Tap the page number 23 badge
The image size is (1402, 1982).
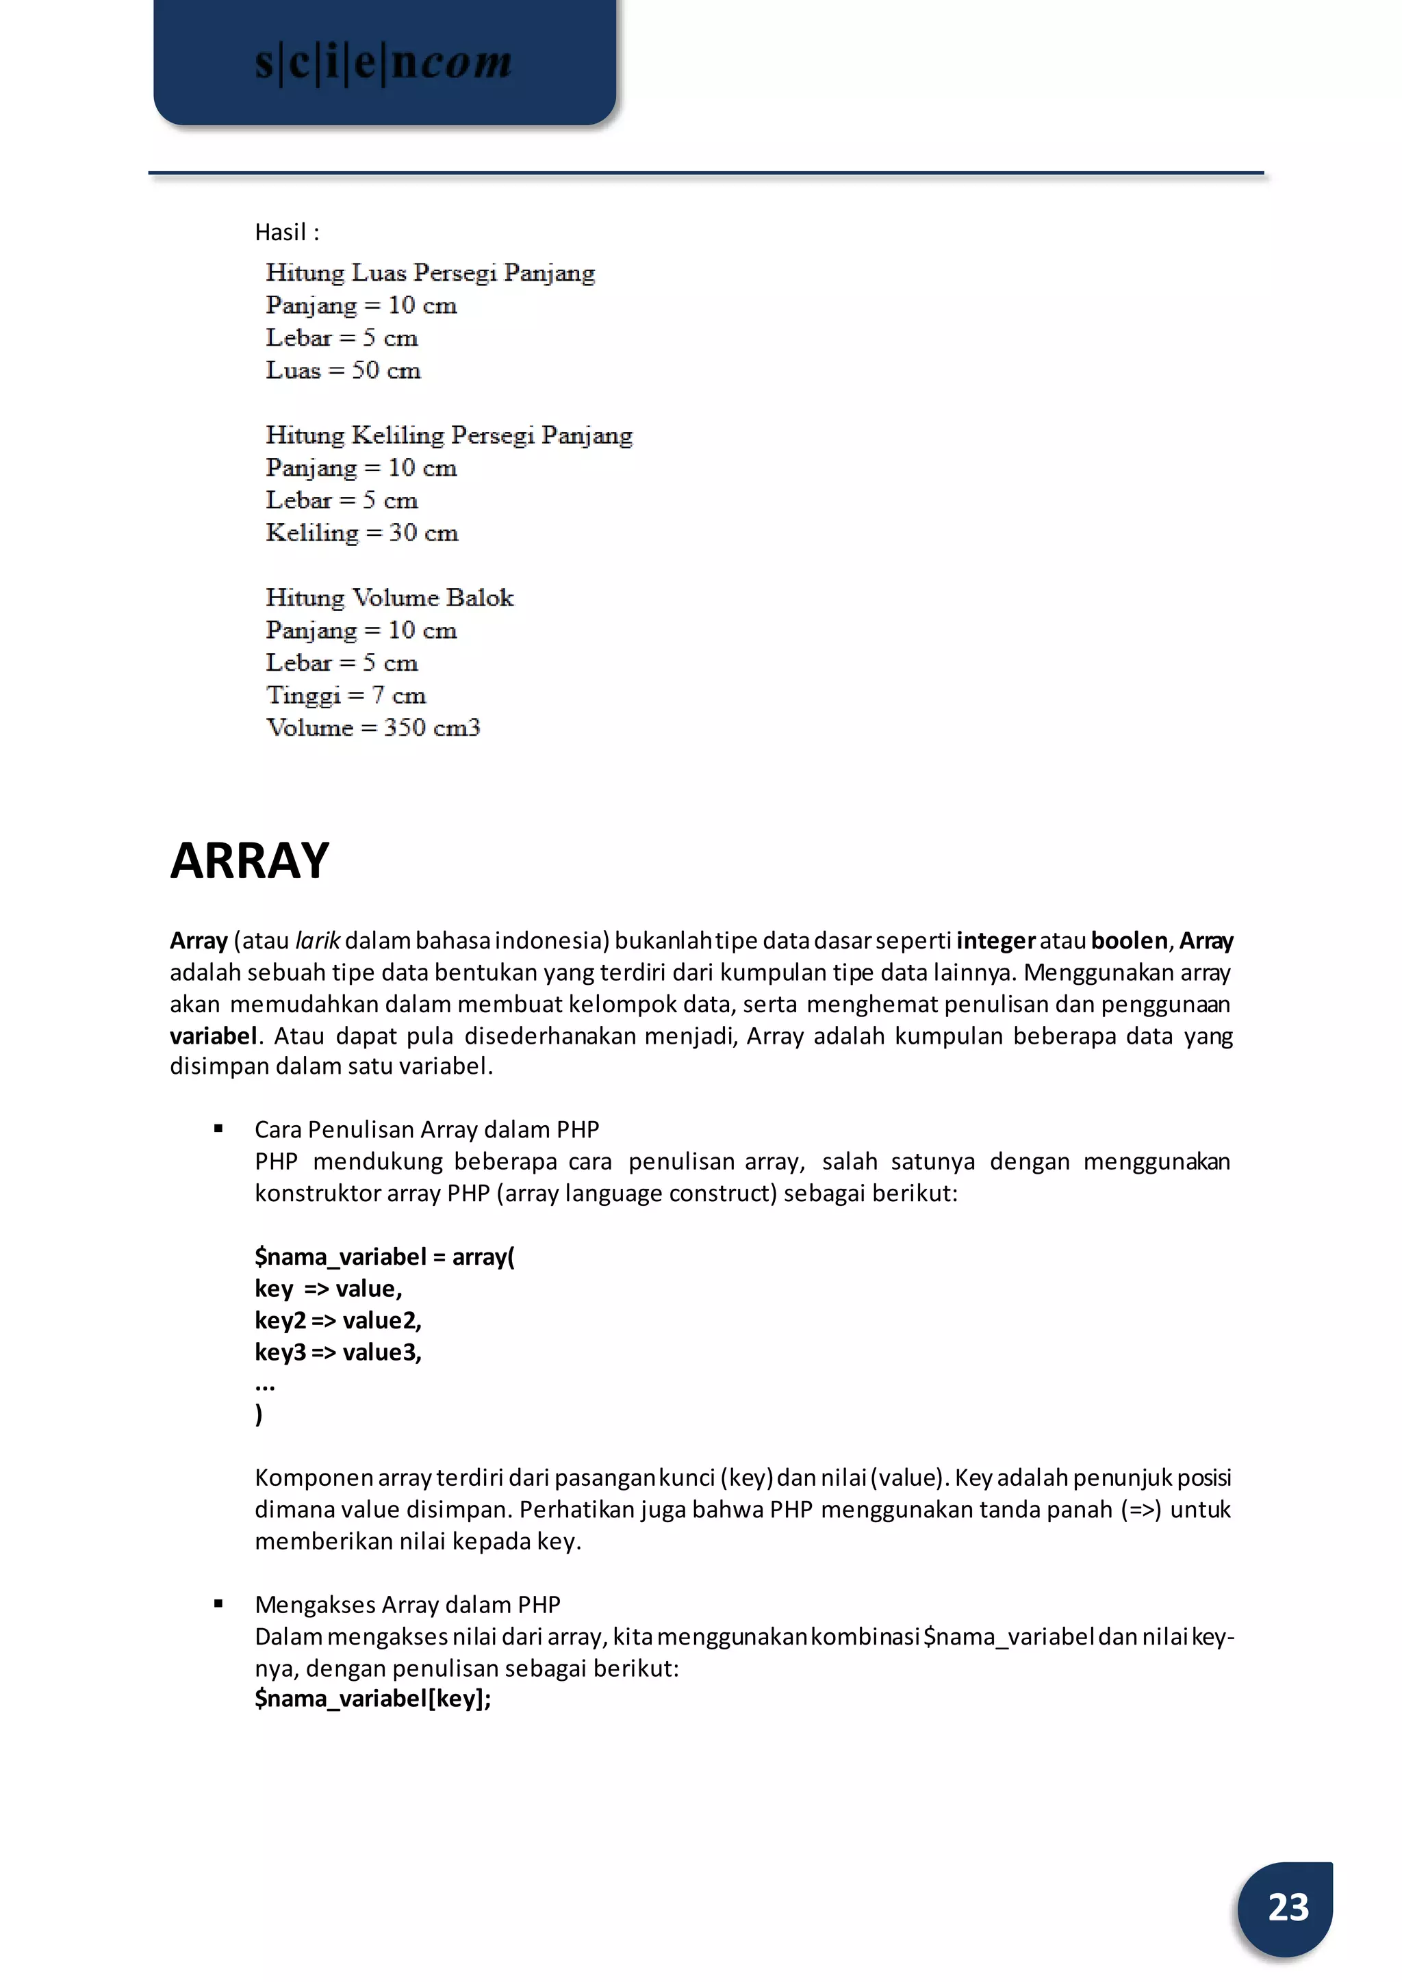(x=1287, y=1907)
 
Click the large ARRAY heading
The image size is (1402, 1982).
(x=249, y=861)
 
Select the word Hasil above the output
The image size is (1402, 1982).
(x=281, y=232)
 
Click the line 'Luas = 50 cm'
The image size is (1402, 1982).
(x=343, y=370)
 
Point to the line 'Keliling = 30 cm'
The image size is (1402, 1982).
(x=361, y=532)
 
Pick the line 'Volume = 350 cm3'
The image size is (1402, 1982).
(x=372, y=728)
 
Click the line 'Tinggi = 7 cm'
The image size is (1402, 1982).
(x=345, y=695)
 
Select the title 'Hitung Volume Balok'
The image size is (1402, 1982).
(x=390, y=597)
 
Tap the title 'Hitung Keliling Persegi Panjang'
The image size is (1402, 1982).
(x=449, y=435)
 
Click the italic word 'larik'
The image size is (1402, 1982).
(x=318, y=940)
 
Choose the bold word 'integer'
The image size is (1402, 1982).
(x=995, y=940)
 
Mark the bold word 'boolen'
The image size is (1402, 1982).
(x=1129, y=940)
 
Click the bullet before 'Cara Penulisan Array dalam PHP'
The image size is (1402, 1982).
(x=218, y=1129)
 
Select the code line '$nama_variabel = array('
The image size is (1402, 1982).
(x=384, y=1256)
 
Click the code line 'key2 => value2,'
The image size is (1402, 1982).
(x=337, y=1320)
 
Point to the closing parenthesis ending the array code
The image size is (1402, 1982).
(x=259, y=1414)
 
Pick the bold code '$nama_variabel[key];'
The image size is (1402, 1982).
(x=372, y=1699)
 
